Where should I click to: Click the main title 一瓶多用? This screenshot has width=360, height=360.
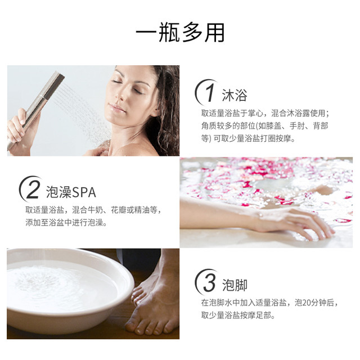(180, 33)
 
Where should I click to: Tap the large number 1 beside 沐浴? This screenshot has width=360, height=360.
(209, 92)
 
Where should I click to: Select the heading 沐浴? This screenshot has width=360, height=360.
(235, 95)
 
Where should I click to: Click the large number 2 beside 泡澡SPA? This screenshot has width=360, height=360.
(33, 190)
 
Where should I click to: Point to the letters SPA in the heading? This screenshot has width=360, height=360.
(84, 192)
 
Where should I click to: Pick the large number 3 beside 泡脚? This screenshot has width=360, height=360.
(209, 282)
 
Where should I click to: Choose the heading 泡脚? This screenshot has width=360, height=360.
(235, 285)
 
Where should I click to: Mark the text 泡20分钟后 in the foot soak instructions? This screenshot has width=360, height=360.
(314, 303)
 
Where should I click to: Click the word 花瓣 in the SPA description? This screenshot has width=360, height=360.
(119, 210)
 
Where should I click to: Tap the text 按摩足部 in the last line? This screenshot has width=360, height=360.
(255, 315)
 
